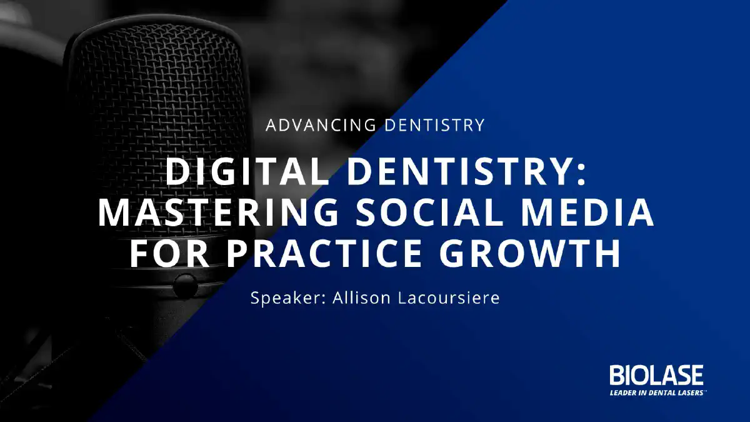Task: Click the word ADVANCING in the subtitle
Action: point(321,125)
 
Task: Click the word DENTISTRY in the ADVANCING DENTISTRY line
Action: point(434,125)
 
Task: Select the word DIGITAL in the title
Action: point(248,171)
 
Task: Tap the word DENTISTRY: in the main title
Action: point(466,171)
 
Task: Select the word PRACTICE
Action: point(324,253)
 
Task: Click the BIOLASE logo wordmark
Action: point(656,375)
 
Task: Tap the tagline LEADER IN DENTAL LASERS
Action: point(656,393)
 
